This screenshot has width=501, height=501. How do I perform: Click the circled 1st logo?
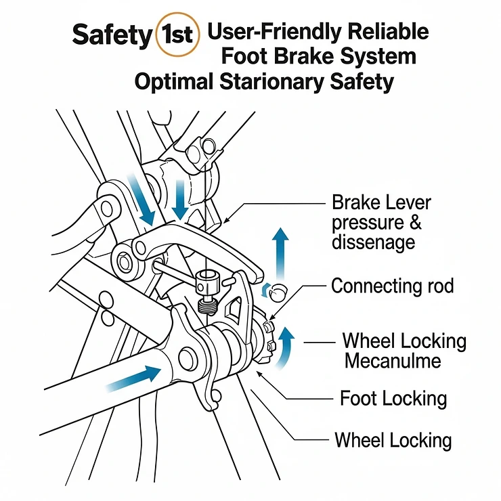tap(177, 35)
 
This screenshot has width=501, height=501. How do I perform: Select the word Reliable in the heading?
tap(391, 31)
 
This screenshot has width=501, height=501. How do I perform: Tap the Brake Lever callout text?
tap(380, 202)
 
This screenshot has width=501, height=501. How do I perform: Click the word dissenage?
tap(373, 242)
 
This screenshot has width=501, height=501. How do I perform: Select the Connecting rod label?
tap(392, 286)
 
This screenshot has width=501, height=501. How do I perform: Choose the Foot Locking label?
tap(393, 398)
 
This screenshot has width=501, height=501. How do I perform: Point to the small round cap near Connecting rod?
tap(277, 291)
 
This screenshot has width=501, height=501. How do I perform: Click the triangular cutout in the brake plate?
tap(235, 311)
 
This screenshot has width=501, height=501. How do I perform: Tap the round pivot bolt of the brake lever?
tap(126, 259)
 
